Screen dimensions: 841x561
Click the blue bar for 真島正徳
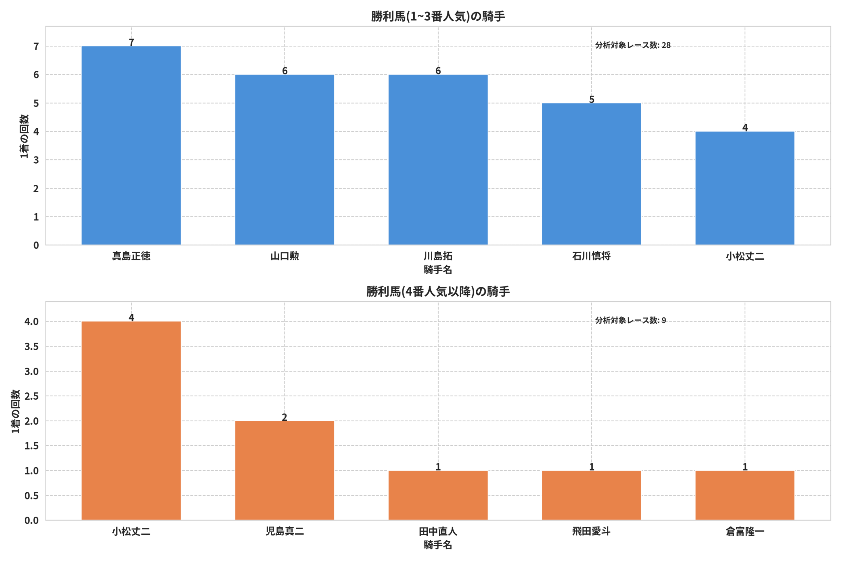[131, 146]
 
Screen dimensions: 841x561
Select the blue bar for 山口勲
[284, 160]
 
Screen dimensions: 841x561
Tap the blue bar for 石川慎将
[591, 174]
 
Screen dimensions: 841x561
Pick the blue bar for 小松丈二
[745, 188]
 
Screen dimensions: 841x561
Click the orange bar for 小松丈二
[131, 421]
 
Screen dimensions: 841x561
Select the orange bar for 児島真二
[284, 471]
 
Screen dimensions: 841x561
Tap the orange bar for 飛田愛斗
[591, 495]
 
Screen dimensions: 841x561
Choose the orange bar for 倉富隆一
[745, 495]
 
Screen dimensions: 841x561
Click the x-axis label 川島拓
[438, 256]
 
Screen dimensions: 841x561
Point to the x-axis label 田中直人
[438, 531]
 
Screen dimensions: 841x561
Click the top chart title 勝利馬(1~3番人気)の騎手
[438, 16]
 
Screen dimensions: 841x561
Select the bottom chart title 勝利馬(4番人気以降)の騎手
[438, 292]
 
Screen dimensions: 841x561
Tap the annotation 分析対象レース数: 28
[633, 45]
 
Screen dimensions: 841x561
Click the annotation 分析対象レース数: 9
[630, 320]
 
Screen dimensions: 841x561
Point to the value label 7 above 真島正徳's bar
[131, 42]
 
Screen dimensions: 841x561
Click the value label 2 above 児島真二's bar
[284, 417]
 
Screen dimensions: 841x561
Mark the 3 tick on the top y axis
[36, 160]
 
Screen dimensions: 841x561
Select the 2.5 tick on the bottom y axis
[32, 396]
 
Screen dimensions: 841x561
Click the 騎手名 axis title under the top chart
[438, 270]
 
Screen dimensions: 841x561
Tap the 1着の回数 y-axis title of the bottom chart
[15, 411]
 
